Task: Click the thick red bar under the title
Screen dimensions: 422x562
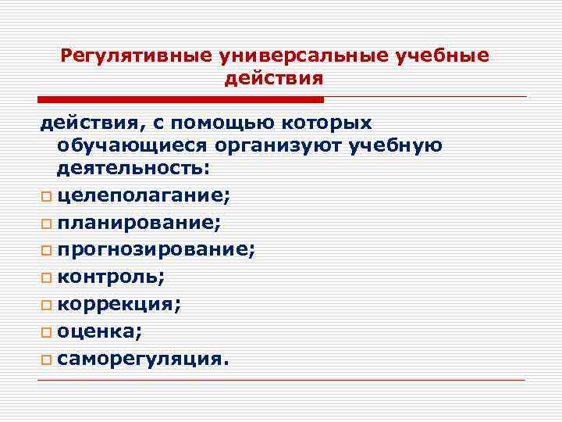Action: tap(180, 99)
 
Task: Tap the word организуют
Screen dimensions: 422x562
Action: tap(293, 146)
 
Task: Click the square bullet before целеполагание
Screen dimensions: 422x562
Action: tap(44, 196)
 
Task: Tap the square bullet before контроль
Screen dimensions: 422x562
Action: tap(44, 277)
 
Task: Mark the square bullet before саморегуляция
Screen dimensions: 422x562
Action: tap(44, 359)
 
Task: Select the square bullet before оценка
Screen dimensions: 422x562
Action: tap(44, 332)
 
